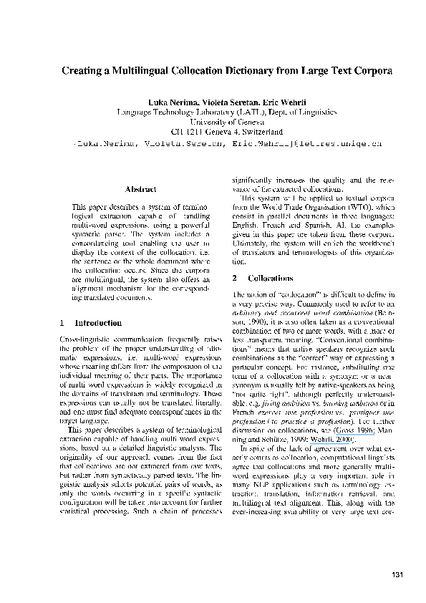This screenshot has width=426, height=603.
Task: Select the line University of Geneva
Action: pyautogui.click(x=213, y=122)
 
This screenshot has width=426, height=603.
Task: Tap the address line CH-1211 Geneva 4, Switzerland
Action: pyautogui.click(x=213, y=132)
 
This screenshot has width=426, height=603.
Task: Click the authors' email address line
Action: pyautogui.click(x=213, y=143)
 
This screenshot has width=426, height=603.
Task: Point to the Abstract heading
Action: pyautogui.click(x=140, y=189)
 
